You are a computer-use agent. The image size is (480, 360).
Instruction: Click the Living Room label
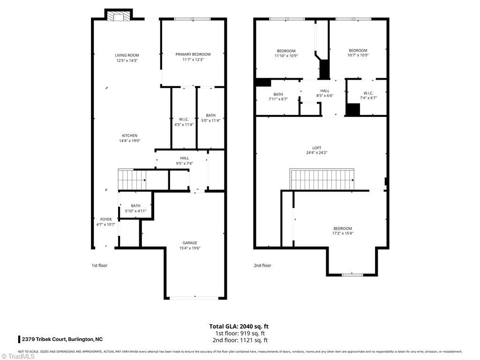click(127, 55)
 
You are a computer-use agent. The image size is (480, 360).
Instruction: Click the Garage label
click(190, 243)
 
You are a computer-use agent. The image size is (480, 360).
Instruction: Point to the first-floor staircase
click(132, 180)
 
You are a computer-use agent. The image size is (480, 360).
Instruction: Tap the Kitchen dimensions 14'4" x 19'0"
click(130, 141)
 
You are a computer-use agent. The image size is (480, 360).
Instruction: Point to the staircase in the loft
click(322, 180)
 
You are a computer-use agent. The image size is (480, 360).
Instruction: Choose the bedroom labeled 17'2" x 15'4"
click(342, 231)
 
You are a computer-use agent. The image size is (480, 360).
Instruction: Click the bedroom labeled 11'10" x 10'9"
click(286, 53)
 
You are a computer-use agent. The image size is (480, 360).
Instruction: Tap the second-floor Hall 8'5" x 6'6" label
click(325, 93)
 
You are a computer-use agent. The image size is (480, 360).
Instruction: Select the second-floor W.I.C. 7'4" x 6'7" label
click(368, 96)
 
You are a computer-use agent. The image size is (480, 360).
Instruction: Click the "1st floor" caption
click(99, 265)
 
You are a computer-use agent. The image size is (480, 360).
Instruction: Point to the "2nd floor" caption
click(262, 265)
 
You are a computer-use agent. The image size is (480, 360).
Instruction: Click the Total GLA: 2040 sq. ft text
click(239, 326)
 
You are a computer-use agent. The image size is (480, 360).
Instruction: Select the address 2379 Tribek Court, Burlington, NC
click(62, 339)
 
